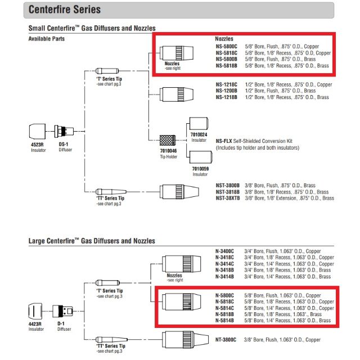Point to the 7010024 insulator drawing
click(199, 124)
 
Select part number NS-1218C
click(227, 84)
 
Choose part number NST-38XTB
click(228, 198)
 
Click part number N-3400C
click(226, 251)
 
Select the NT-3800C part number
click(227, 340)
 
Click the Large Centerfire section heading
click(92, 241)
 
